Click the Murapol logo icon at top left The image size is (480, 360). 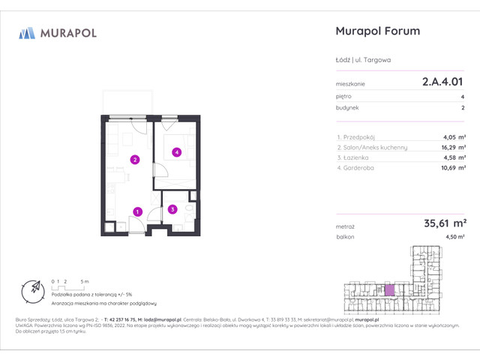[x=27, y=32]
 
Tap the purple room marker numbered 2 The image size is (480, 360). [x=134, y=159]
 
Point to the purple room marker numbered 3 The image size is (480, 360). [x=172, y=209]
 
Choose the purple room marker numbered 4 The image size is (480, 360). [x=176, y=152]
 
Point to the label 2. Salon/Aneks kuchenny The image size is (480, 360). [x=372, y=148]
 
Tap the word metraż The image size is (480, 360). [x=346, y=224]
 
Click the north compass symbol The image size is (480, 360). [x=33, y=288]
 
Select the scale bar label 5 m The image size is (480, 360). [x=88, y=280]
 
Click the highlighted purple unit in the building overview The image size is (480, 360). [x=388, y=289]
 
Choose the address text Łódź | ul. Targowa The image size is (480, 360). [x=363, y=59]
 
